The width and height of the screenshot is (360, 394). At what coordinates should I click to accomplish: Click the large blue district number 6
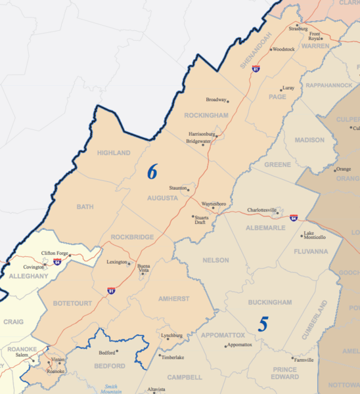click(x=152, y=172)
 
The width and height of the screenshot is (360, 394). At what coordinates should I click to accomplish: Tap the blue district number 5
click(x=263, y=324)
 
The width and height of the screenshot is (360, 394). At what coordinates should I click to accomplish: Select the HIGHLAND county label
click(x=114, y=153)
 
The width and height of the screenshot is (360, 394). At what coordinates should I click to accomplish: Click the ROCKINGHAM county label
click(x=206, y=116)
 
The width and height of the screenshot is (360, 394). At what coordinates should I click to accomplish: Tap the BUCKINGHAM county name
click(x=270, y=302)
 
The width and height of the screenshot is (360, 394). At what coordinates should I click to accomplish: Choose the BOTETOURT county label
click(x=73, y=303)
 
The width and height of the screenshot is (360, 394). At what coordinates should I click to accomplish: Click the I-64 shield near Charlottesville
click(x=293, y=217)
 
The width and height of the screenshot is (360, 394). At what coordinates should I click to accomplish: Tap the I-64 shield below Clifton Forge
click(x=58, y=262)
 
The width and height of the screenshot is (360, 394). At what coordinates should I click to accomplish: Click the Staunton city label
click(x=178, y=187)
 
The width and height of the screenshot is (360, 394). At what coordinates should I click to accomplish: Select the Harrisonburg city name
click(x=202, y=133)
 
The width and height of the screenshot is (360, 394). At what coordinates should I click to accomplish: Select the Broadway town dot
click(x=228, y=100)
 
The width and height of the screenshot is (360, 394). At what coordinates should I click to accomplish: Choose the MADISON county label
click(x=309, y=140)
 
